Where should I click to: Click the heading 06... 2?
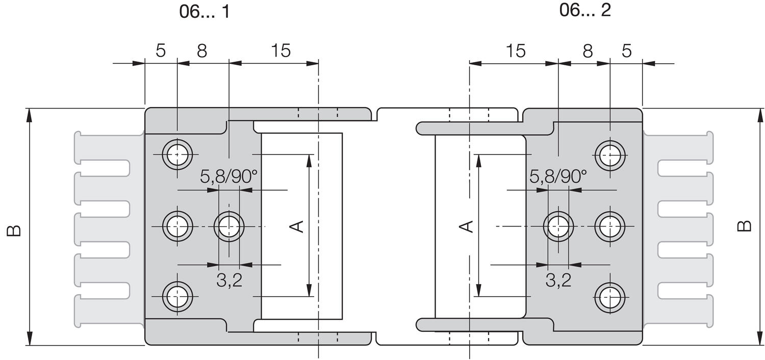pyautogui.click(x=584, y=10)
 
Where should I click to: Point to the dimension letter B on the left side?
pyautogui.click(x=14, y=230)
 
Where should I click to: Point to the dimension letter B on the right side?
pyautogui.click(x=745, y=225)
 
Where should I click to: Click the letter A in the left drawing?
pyautogui.click(x=297, y=226)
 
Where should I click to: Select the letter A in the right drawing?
pyautogui.click(x=466, y=226)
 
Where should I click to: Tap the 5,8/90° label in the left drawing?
pyautogui.click(x=228, y=177)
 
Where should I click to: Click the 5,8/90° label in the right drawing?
pyautogui.click(x=558, y=177)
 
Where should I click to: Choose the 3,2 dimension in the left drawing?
pyautogui.click(x=229, y=280)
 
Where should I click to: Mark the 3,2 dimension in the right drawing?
pyautogui.click(x=558, y=280)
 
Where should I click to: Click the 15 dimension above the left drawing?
pyautogui.click(x=280, y=51)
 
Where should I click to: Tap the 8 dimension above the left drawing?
pyautogui.click(x=202, y=51)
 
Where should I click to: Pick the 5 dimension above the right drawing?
pyautogui.click(x=627, y=51)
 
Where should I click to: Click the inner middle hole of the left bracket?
pyautogui.click(x=229, y=225)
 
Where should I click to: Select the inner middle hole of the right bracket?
pyautogui.click(x=558, y=225)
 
